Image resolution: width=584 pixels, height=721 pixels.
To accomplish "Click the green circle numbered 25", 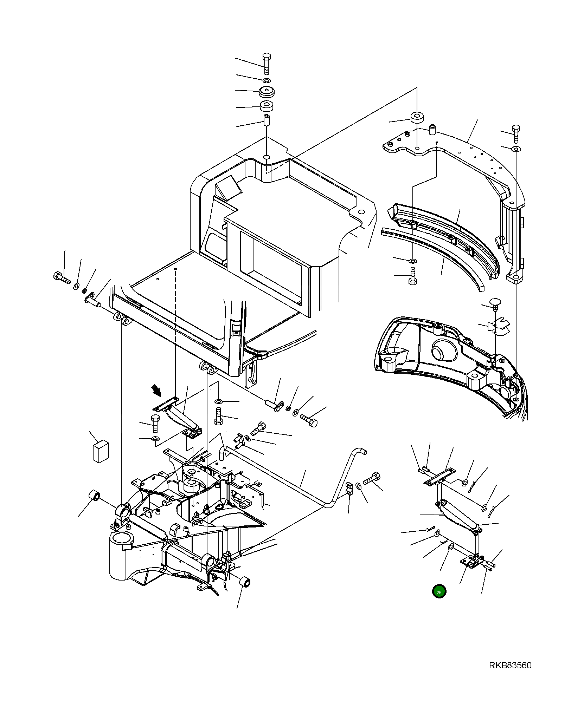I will (x=439, y=591).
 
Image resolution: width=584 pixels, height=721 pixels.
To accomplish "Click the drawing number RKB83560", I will (x=510, y=665).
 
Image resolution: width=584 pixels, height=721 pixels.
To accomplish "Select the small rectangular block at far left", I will (x=101, y=452).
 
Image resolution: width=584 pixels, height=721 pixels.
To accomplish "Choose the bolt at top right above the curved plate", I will (x=516, y=133).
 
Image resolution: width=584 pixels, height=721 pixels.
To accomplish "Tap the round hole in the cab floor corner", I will (x=360, y=212).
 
